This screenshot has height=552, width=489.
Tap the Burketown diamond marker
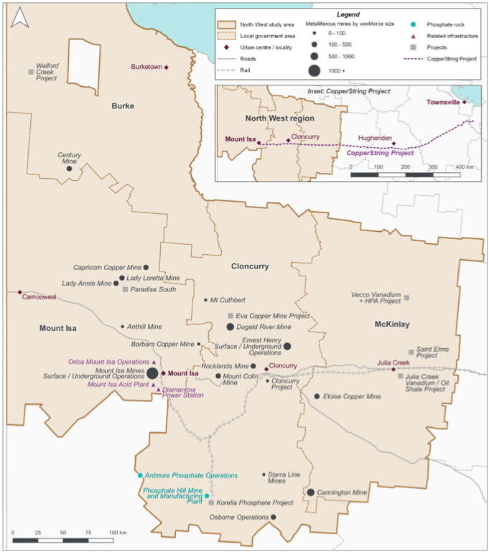click(167, 67)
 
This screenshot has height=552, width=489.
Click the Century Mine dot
click(70, 169)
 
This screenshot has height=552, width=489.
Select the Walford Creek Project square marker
click(30, 72)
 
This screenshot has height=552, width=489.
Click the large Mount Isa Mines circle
click(152, 373)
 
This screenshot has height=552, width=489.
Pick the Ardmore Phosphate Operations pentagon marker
click(140, 475)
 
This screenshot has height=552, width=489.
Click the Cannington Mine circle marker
click(310, 492)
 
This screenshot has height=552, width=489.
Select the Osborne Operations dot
click(274, 517)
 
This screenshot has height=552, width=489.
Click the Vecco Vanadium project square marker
click(406, 297)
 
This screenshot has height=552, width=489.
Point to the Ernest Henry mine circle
click(287, 346)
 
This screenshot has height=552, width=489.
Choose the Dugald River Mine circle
click(230, 327)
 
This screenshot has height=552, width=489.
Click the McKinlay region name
click(392, 324)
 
